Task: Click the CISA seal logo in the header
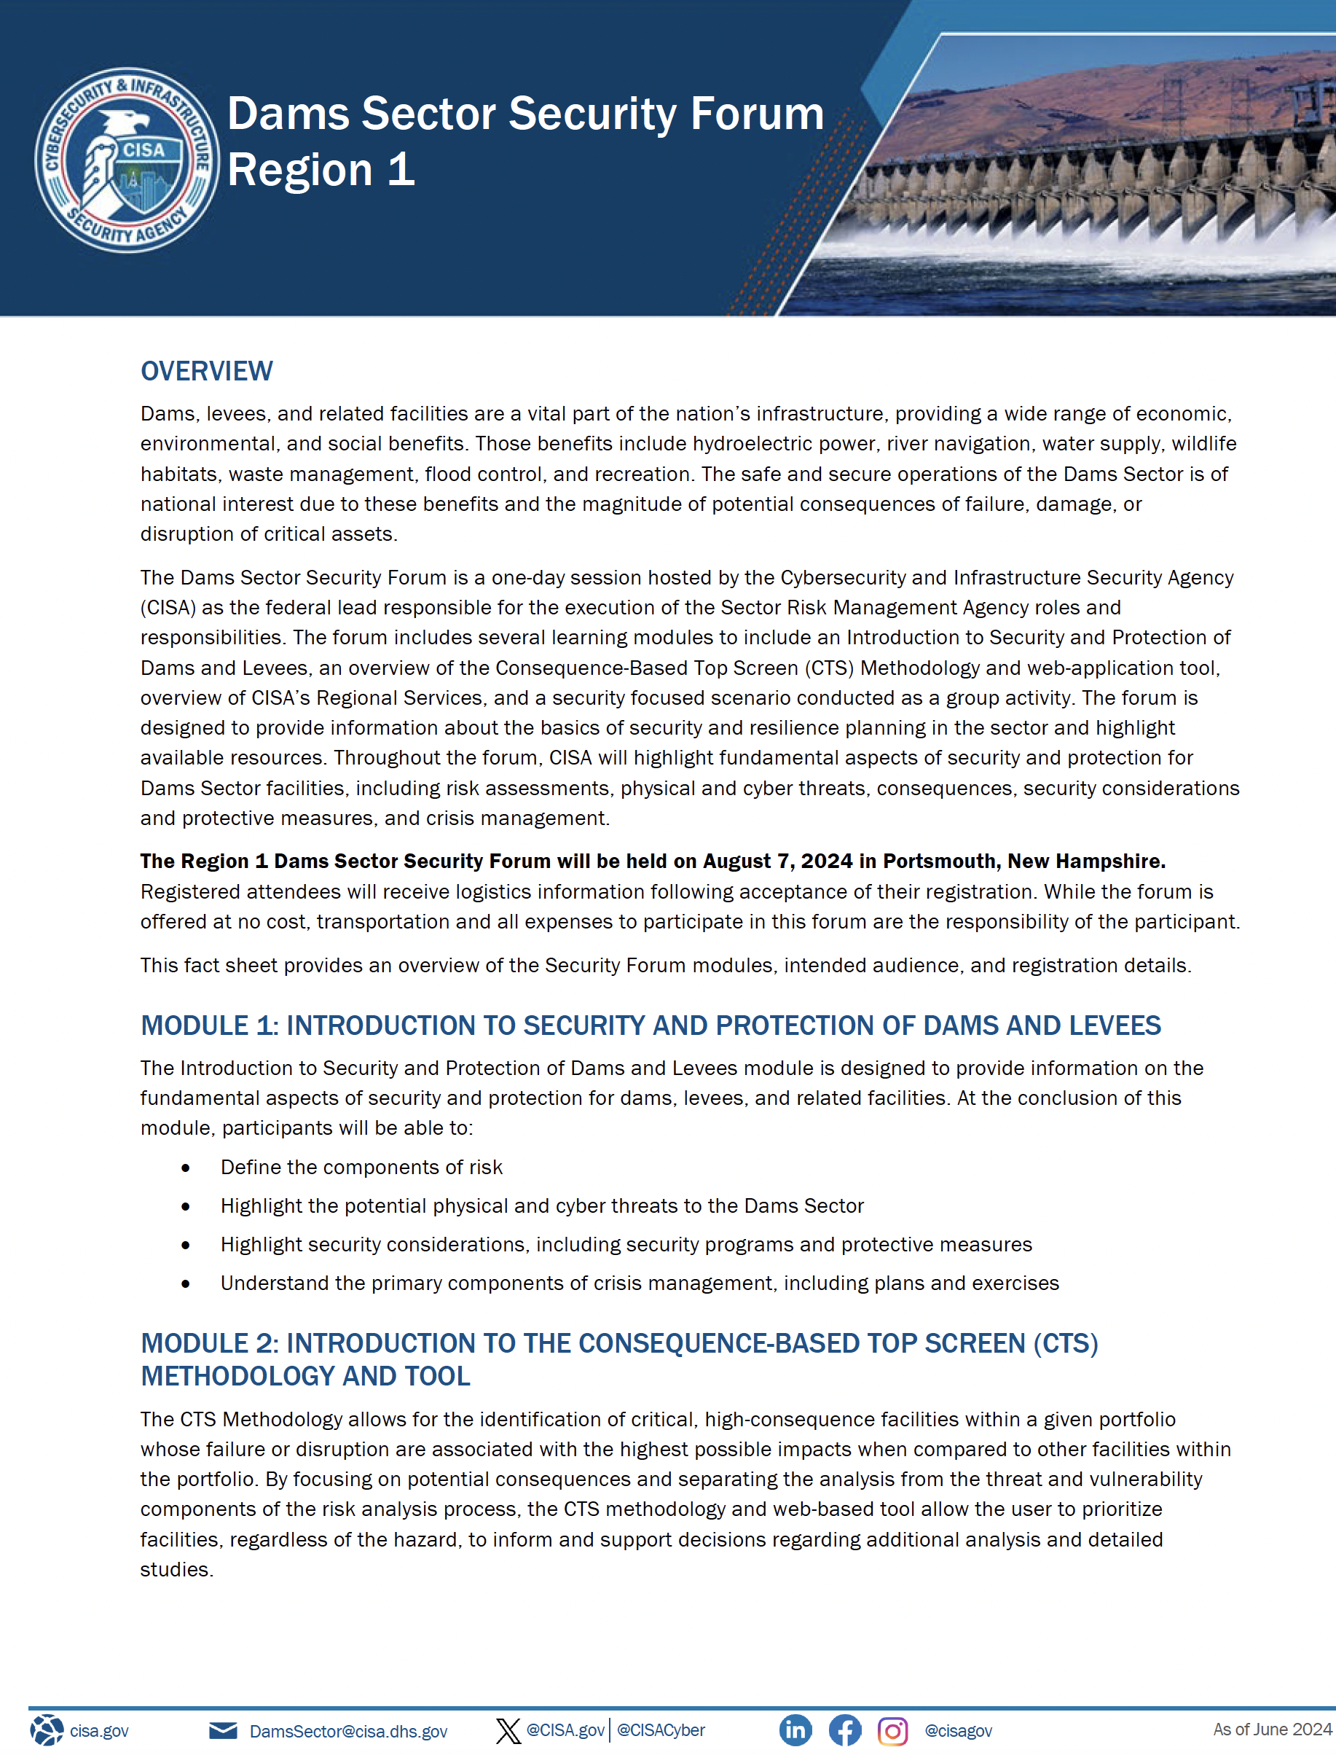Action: click(127, 160)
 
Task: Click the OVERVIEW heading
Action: click(207, 371)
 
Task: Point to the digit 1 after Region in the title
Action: click(401, 171)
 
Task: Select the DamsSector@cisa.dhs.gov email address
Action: click(348, 1731)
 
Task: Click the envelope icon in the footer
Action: click(224, 1730)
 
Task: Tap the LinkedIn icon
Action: click(795, 1730)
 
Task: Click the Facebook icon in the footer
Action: click(844, 1730)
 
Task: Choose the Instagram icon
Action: click(892, 1731)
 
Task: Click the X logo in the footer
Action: click(507, 1731)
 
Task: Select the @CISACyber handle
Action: click(661, 1730)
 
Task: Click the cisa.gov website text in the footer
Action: click(99, 1731)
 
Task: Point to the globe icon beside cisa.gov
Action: click(47, 1730)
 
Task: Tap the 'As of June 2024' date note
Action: click(1272, 1729)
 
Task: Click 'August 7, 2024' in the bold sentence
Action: click(777, 861)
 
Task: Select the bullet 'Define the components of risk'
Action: click(361, 1167)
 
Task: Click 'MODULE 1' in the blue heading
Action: click(207, 1025)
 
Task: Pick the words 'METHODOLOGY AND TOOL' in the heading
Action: click(305, 1375)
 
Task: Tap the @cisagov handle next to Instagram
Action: click(958, 1731)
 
